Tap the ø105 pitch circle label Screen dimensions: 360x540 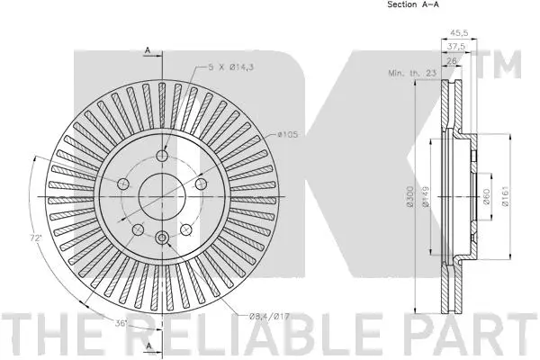coord(287,134)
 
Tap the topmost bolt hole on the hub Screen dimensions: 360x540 coord(162,157)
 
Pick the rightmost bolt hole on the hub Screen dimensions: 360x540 coord(199,184)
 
